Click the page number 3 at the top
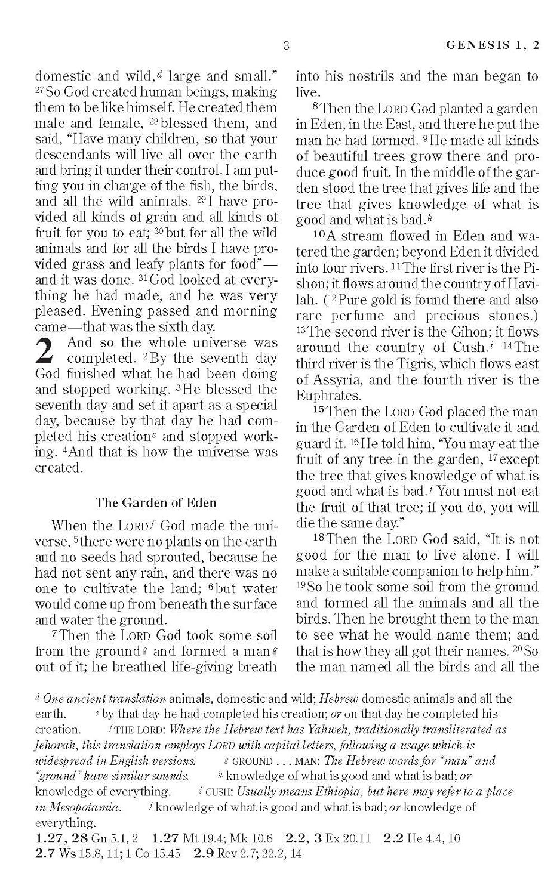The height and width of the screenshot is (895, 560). click(x=287, y=46)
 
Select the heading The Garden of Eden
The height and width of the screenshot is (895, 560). click(x=156, y=502)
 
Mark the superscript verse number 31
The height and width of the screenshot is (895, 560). click(x=142, y=279)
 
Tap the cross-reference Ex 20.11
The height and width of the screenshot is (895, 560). click(x=347, y=838)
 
